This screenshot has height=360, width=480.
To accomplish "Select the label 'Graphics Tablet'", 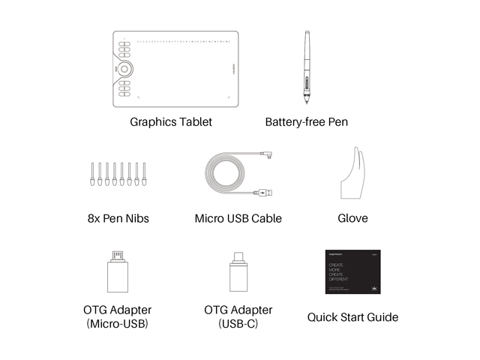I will tap(171, 121).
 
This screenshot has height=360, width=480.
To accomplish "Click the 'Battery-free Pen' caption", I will tap(307, 121).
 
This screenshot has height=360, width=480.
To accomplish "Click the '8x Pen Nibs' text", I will tap(118, 219).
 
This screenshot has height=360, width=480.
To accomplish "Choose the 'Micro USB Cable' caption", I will tap(238, 219).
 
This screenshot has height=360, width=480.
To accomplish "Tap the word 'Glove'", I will tap(352, 219).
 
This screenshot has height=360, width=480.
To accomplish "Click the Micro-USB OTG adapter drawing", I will tap(117, 274).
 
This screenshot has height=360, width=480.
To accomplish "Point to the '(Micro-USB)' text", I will tap(117, 324).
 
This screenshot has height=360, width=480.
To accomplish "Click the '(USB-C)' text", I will tap(238, 324).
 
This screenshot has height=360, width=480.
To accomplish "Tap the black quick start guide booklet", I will tap(352, 272).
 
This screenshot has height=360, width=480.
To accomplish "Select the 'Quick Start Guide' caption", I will tap(352, 317).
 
